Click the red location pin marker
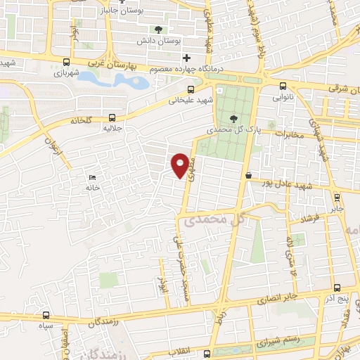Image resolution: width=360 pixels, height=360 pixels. pos(181,164)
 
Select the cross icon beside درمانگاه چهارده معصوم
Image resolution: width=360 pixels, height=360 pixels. pos(186,58)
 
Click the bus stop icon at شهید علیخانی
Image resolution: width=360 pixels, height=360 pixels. pos(191,89)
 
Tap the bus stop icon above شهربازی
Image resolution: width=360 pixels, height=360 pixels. pos(66,61)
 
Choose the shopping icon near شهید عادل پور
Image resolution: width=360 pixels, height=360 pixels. pos(248,174)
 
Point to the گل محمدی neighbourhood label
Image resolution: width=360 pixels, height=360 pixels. pos(214,220)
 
